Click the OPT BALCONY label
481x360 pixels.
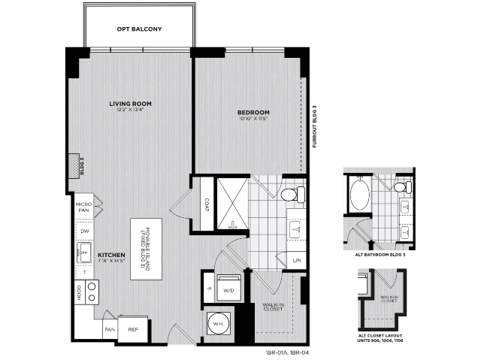(x=139, y=29)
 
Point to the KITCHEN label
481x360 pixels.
(x=111, y=255)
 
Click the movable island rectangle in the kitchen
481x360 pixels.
(x=146, y=249)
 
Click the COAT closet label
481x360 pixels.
(x=205, y=204)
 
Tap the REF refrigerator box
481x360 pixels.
(x=133, y=328)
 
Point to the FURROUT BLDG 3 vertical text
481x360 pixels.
(x=315, y=127)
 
